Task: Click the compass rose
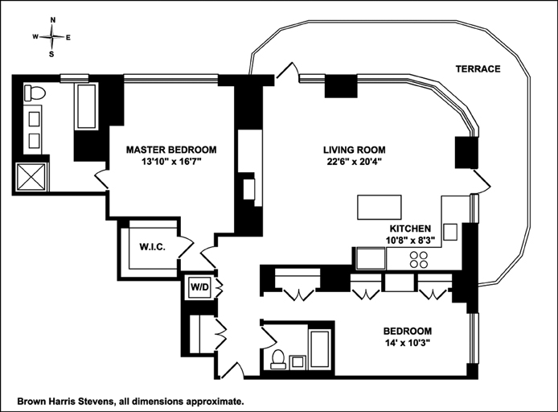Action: (x=52, y=36)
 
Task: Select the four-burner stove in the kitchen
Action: (x=419, y=259)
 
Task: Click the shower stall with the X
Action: (x=31, y=176)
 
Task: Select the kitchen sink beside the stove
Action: (x=371, y=259)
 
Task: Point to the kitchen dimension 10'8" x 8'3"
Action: (x=411, y=240)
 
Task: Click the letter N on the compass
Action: (x=53, y=19)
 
